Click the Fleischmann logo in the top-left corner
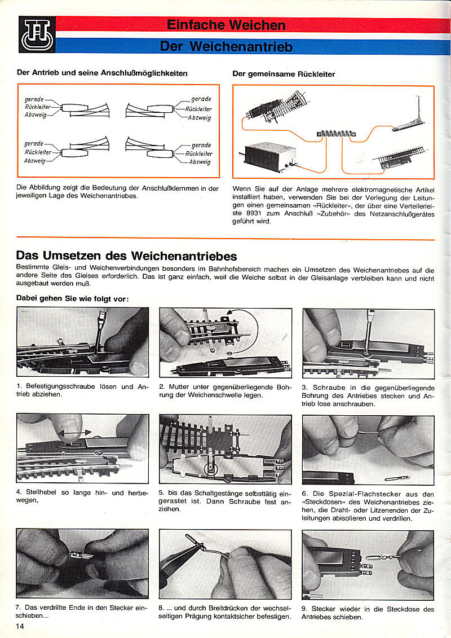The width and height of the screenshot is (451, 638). (x=37, y=34)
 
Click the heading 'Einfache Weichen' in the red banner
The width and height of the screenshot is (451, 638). (x=225, y=25)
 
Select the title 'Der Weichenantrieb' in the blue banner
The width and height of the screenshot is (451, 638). (x=226, y=46)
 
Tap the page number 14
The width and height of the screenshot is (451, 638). (x=20, y=626)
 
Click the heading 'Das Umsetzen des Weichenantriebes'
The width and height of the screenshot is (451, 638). (x=127, y=256)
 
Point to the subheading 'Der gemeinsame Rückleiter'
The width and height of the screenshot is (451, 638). (x=284, y=74)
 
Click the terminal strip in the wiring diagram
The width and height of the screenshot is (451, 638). (x=337, y=133)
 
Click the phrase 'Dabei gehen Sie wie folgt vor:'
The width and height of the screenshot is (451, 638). (x=73, y=298)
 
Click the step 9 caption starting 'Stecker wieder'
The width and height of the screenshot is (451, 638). (x=368, y=613)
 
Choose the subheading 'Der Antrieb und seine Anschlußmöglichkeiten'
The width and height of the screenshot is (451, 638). (x=102, y=73)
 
